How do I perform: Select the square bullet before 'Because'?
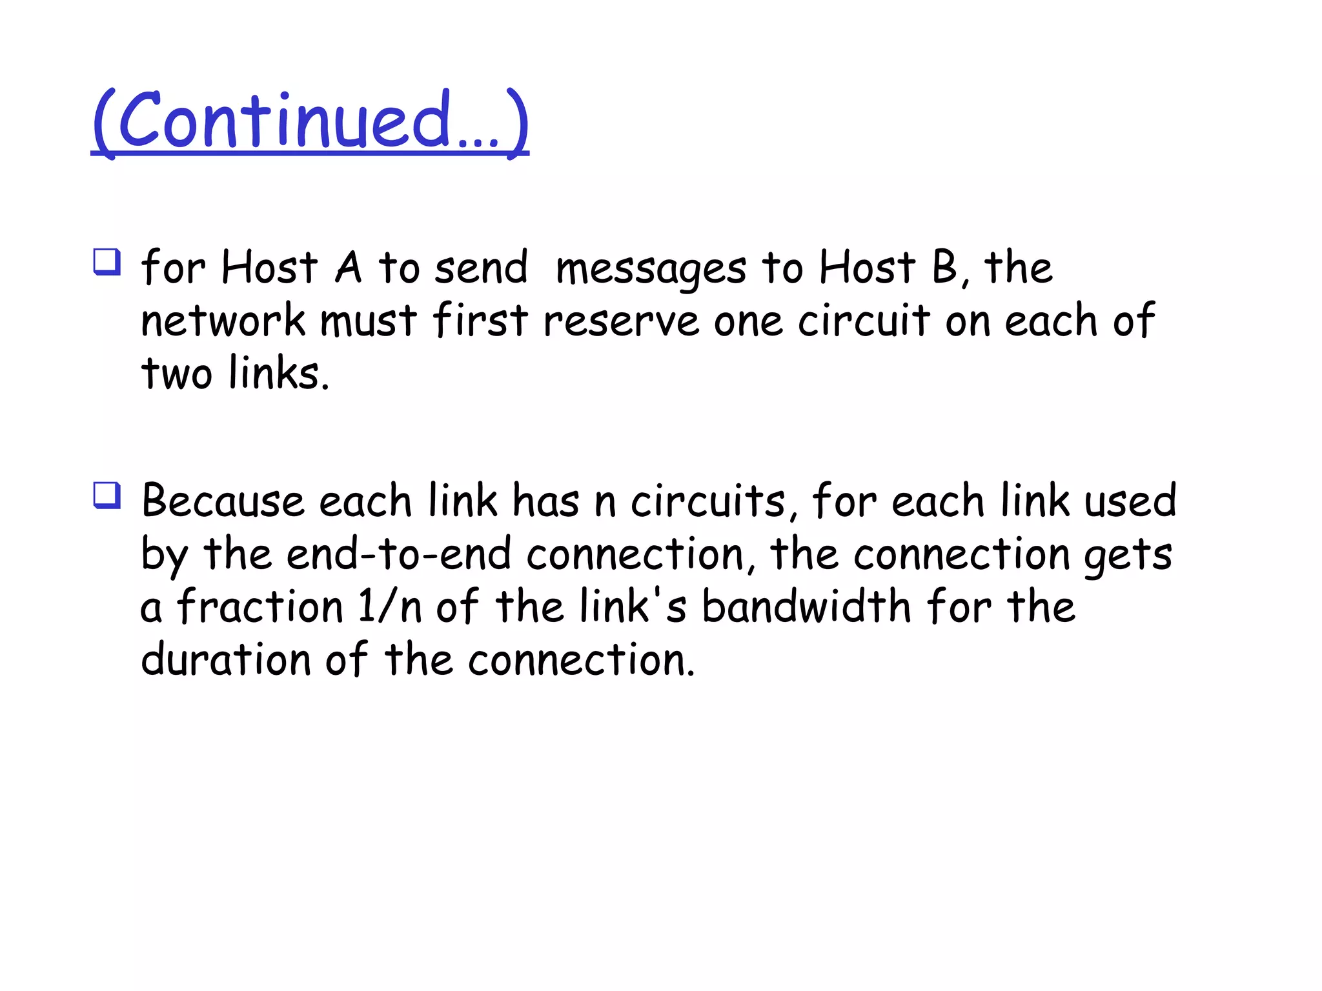(107, 495)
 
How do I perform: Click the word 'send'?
(481, 267)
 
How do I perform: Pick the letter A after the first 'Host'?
(348, 267)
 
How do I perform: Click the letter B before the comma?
(944, 267)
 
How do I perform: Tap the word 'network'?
(223, 321)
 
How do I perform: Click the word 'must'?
(369, 321)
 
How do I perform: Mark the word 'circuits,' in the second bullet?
(713, 501)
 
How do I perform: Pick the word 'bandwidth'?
(806, 606)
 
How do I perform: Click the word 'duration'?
(226, 659)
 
